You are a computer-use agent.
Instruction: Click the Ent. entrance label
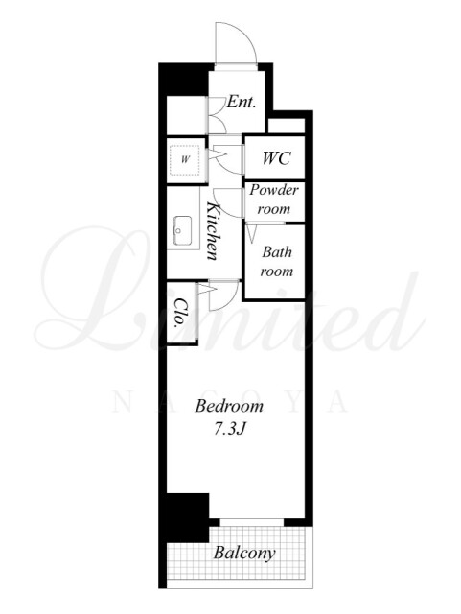tap(242, 103)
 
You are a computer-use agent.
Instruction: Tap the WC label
tap(276, 158)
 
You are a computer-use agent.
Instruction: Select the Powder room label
tap(274, 200)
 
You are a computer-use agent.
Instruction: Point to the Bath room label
tap(277, 261)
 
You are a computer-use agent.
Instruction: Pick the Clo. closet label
tap(180, 313)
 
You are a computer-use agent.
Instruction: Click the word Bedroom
tap(229, 406)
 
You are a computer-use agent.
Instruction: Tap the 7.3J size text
tap(229, 429)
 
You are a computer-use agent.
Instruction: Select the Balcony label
tap(244, 553)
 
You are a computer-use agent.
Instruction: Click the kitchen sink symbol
tap(182, 230)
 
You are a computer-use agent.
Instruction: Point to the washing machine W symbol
tap(186, 159)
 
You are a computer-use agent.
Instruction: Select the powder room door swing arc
tap(231, 207)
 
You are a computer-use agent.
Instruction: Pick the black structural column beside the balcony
tap(187, 517)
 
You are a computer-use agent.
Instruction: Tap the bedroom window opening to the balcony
tap(251, 522)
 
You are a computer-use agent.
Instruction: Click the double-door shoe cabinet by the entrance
tap(217, 115)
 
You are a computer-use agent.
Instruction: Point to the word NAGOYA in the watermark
tap(230, 402)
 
